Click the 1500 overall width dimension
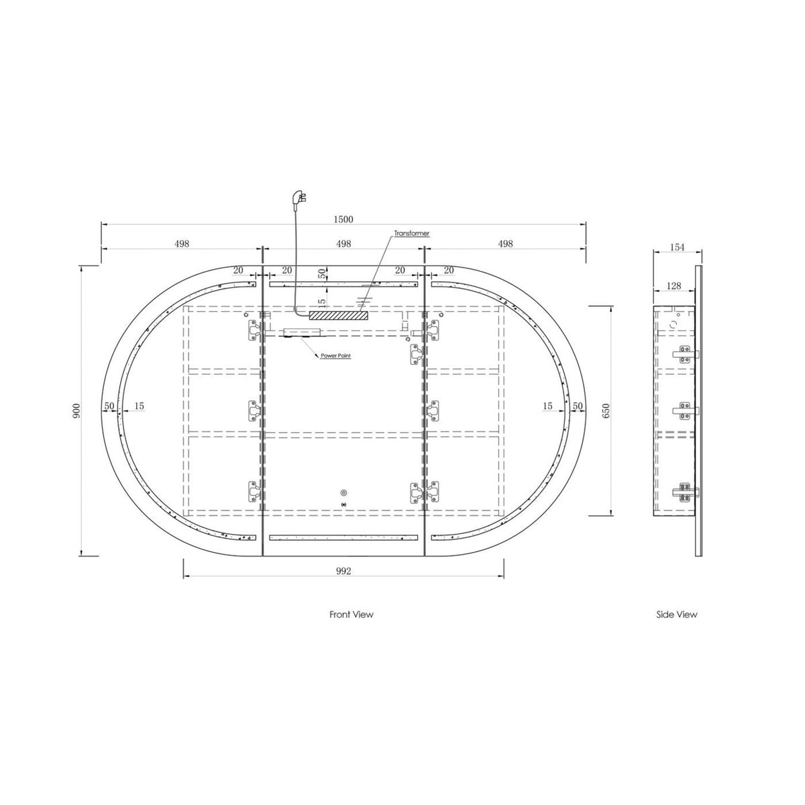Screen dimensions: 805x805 pyautogui.click(x=343, y=219)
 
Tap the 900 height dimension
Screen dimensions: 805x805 pyautogui.click(x=76, y=411)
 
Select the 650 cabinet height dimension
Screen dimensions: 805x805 pyautogui.click(x=606, y=411)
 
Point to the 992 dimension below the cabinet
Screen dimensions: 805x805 pyautogui.click(x=343, y=571)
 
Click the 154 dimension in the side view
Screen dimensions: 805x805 pyautogui.click(x=677, y=247)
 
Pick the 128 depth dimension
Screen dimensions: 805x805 pyautogui.click(x=674, y=286)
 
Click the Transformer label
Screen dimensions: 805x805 pyautogui.click(x=411, y=233)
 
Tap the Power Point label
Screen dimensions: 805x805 pyautogui.click(x=335, y=356)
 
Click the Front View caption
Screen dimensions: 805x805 pyautogui.click(x=352, y=614)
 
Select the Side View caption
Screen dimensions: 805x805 pyautogui.click(x=677, y=614)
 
